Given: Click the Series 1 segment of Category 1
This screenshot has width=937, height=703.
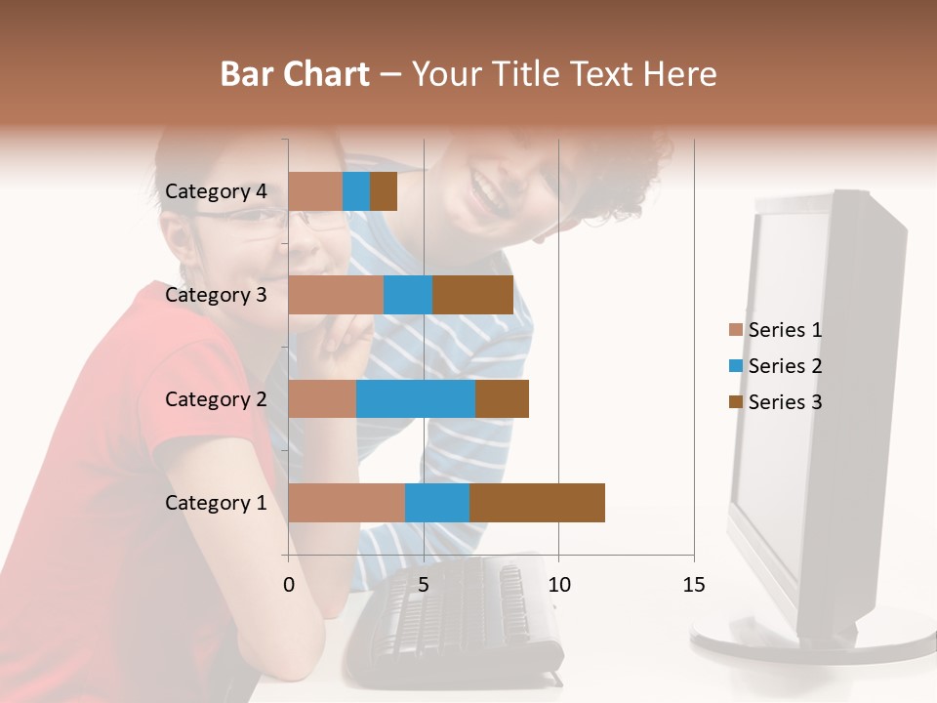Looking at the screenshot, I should coord(346,503).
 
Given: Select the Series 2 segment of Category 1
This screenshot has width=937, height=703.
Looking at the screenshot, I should coord(437,503).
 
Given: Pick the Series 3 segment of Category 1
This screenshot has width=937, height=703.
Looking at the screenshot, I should coord(537,503).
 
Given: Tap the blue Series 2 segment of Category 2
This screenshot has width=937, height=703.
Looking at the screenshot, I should coord(416,398).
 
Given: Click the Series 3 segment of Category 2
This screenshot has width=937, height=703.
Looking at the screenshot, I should coord(502,398).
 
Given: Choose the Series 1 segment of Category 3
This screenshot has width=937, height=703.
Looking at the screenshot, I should coord(336,295).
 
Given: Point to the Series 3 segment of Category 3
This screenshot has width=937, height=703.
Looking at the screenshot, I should coord(472,295).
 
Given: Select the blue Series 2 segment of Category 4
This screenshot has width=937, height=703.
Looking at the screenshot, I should coord(356,191).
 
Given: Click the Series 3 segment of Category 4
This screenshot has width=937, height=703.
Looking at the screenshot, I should coord(384,191).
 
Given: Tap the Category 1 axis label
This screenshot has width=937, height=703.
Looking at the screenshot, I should coord(216,503).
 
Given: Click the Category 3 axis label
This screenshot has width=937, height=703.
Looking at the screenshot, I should coord(216,295).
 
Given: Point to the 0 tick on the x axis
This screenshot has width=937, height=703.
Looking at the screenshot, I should coord(289,585).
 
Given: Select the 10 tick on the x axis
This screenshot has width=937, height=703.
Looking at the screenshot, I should coord(558,585).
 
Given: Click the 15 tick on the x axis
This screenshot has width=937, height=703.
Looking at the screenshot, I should coord(693,585).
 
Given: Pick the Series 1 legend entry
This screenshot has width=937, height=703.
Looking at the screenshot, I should coord(776,330).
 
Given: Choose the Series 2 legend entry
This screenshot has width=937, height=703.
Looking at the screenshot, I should coord(776,366).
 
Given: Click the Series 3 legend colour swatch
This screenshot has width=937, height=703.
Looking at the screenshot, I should coord(736,402).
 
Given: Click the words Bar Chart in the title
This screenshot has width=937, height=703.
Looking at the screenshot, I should coord(295,74).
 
